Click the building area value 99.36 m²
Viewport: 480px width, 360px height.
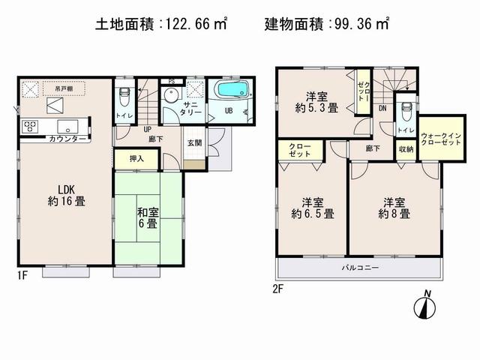tap(359, 25)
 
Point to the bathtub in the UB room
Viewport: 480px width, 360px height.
tap(235, 92)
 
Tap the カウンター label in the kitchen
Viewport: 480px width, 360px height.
tap(67, 139)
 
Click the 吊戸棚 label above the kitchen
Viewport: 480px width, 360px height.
tap(63, 88)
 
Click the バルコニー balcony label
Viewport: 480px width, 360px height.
tap(361, 268)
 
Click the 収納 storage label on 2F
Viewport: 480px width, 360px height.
tap(406, 148)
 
